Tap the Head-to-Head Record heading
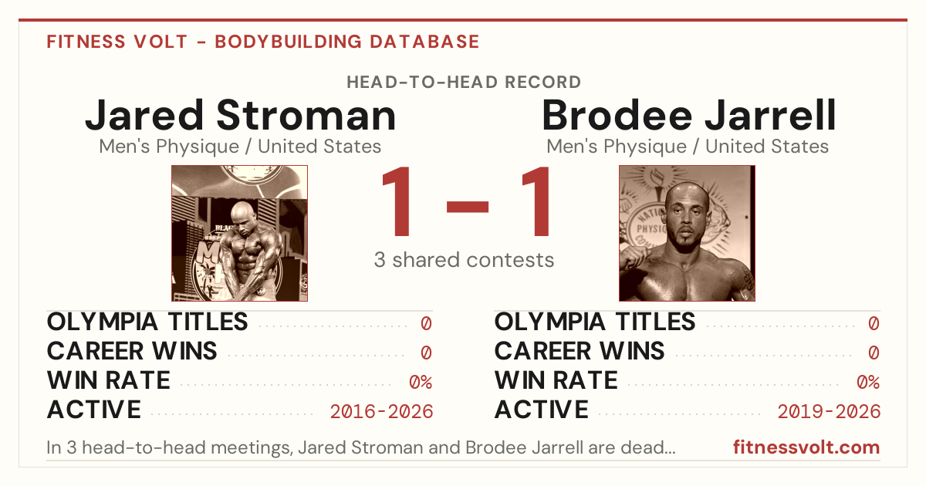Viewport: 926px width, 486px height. coord(464,83)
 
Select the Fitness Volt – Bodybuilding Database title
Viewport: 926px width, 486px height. coord(263,42)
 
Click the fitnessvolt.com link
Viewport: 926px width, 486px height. coord(806,447)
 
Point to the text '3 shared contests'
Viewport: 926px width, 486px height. coord(464,260)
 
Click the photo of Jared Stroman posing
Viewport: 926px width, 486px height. coord(240,234)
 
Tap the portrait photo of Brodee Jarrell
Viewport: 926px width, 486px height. coord(687,234)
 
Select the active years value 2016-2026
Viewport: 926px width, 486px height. coord(381,412)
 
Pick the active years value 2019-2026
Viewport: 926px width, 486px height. coord(829,412)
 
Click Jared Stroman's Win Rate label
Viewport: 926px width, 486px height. coord(108,380)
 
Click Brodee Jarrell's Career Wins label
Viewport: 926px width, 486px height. coord(580,351)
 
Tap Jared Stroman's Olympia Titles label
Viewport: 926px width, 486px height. coord(147,322)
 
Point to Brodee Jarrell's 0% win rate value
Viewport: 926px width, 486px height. coord(868,383)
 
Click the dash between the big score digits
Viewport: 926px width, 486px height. coord(468,206)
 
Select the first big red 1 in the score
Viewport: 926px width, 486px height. coord(397,201)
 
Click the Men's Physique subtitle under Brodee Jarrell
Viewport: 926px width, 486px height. coord(688,147)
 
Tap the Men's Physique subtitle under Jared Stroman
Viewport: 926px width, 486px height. coord(240,147)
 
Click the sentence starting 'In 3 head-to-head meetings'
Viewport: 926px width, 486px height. coord(361,447)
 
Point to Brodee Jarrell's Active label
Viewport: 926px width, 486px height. coord(542,410)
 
